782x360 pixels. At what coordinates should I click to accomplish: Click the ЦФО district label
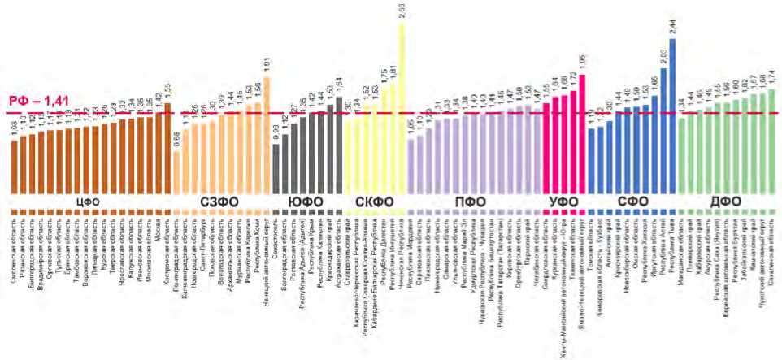(x=87, y=201)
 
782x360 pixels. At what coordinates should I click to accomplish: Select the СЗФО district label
(x=219, y=201)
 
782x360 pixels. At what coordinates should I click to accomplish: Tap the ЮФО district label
(x=304, y=201)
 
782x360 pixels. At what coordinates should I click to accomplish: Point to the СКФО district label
(x=375, y=201)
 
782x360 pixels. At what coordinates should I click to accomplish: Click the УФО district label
(x=563, y=201)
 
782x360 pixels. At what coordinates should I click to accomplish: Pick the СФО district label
(x=634, y=201)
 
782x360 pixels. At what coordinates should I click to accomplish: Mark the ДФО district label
(x=726, y=201)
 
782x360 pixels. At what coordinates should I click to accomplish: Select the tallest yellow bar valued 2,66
(x=402, y=106)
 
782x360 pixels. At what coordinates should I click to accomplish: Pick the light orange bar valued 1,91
(x=267, y=134)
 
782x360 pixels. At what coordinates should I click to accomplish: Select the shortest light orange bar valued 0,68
(x=177, y=171)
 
